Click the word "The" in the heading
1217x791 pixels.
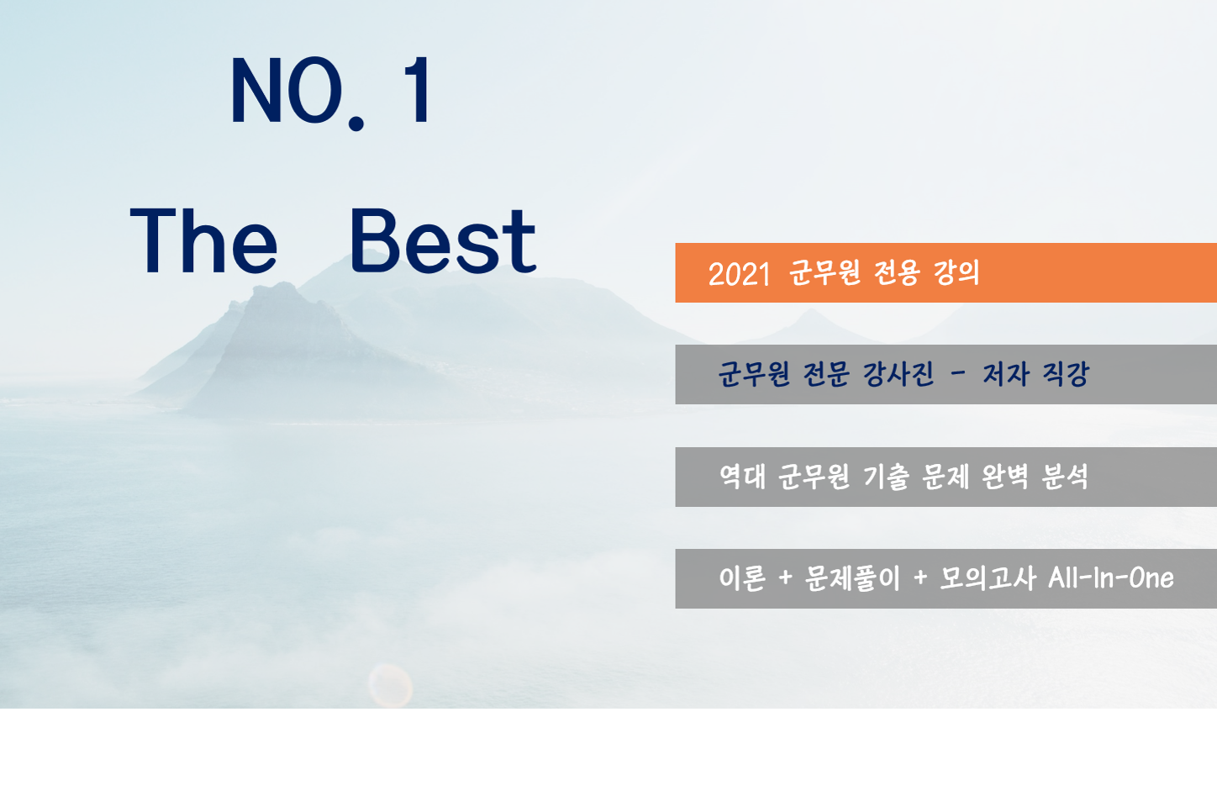click(x=203, y=241)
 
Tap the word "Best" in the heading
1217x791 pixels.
click(x=443, y=241)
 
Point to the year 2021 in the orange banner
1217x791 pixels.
click(x=740, y=273)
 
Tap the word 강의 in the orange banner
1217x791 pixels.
click(x=956, y=272)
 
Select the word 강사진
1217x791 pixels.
click(x=898, y=374)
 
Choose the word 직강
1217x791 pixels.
click(x=1066, y=374)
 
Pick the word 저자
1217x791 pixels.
click(x=1006, y=374)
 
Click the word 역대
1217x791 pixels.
click(x=742, y=477)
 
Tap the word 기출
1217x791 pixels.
click(x=886, y=477)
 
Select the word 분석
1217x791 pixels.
click(x=1065, y=477)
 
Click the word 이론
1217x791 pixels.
click(x=742, y=578)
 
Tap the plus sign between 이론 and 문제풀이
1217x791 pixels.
click(x=785, y=578)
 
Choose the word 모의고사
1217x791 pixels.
click(x=988, y=578)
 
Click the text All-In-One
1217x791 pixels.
click(x=1110, y=578)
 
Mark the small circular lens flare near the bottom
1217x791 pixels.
click(x=390, y=686)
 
